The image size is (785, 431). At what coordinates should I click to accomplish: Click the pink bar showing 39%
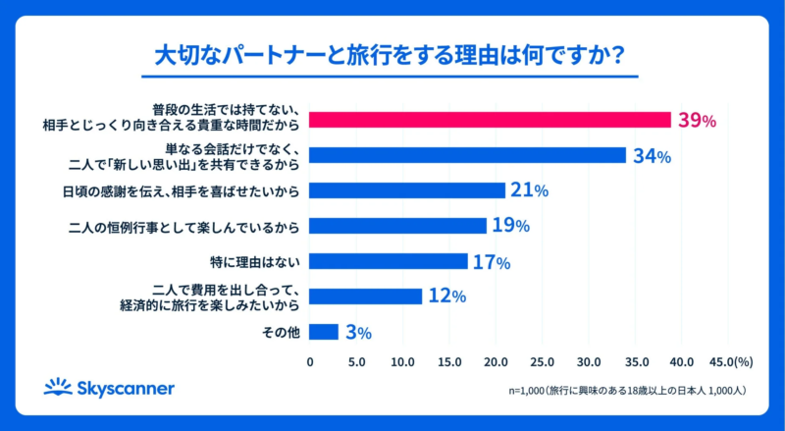point(490,120)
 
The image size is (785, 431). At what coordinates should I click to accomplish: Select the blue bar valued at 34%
point(467,155)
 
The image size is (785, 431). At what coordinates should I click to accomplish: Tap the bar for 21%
point(407,190)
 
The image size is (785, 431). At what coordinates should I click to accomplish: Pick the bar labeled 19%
point(397,226)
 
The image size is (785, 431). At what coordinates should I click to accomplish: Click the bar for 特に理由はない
point(389,261)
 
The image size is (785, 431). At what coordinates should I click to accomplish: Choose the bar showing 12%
point(366,296)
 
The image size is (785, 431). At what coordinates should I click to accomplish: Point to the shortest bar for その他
point(324,332)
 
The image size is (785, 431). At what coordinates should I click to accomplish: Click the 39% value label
point(697,121)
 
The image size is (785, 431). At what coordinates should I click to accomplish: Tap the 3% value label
point(358,333)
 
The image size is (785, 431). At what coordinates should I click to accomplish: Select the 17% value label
point(491,262)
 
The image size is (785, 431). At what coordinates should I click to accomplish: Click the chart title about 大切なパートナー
point(392,55)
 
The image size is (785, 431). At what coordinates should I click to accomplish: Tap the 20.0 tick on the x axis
point(496,361)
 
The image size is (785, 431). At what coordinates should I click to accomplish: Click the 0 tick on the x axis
point(310,361)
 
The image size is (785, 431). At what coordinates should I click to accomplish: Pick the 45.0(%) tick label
point(729,361)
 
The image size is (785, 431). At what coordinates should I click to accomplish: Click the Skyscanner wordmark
point(122,388)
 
